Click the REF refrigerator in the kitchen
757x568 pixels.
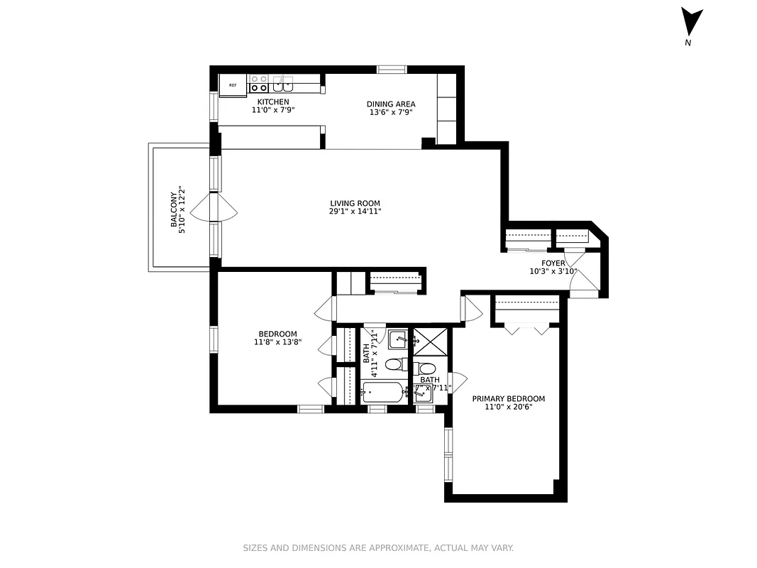click(232, 84)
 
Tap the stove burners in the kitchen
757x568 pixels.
click(259, 84)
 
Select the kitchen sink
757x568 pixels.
click(284, 84)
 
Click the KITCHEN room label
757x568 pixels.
click(272, 102)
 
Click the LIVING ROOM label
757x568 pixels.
click(355, 203)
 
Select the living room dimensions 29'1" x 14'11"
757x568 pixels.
click(355, 212)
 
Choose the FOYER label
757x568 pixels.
click(553, 263)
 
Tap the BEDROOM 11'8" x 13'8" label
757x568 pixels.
click(277, 338)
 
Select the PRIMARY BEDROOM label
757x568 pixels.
click(509, 399)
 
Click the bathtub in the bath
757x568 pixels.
click(384, 392)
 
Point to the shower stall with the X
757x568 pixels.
click(431, 342)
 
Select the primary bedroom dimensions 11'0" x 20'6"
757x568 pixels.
click(509, 408)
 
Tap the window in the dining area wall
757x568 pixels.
click(392, 69)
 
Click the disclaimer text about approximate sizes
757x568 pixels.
click(378, 547)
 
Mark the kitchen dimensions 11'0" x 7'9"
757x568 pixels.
click(272, 111)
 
